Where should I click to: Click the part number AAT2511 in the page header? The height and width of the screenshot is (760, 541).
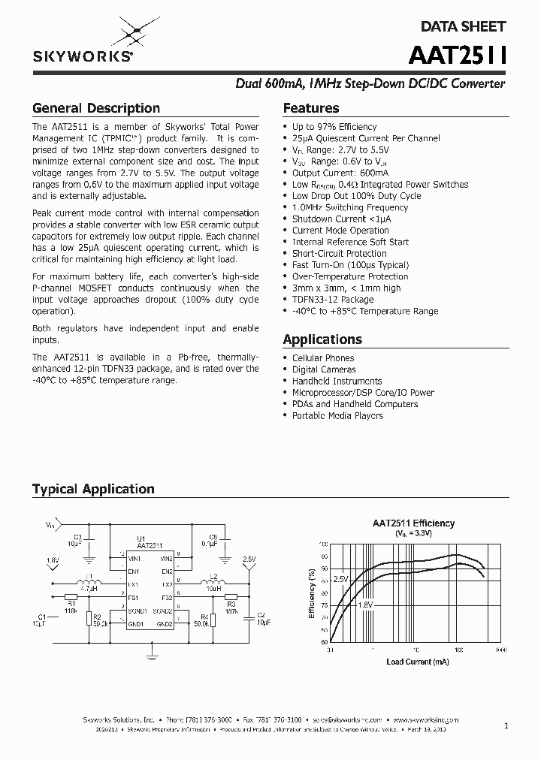(458, 56)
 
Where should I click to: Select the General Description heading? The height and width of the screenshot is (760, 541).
(96, 108)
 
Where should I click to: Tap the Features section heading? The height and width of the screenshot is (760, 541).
(311, 108)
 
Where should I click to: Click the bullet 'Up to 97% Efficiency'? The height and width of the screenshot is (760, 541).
(334, 127)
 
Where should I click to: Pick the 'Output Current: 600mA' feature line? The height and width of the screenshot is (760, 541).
(335, 173)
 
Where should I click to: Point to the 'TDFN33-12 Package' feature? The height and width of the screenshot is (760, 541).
(333, 300)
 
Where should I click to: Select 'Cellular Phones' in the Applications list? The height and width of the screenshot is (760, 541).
(323, 358)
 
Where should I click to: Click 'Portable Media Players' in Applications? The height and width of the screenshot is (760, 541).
(337, 416)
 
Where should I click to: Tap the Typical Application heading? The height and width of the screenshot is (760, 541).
(93, 489)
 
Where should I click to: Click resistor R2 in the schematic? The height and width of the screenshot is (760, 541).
(88, 619)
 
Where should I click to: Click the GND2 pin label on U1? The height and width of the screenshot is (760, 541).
(164, 624)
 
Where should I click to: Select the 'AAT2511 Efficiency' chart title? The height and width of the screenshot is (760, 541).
(414, 523)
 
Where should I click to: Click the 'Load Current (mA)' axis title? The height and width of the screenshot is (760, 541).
(418, 662)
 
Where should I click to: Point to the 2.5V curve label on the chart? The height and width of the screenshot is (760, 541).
(341, 580)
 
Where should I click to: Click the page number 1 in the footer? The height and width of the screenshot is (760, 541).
(506, 725)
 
